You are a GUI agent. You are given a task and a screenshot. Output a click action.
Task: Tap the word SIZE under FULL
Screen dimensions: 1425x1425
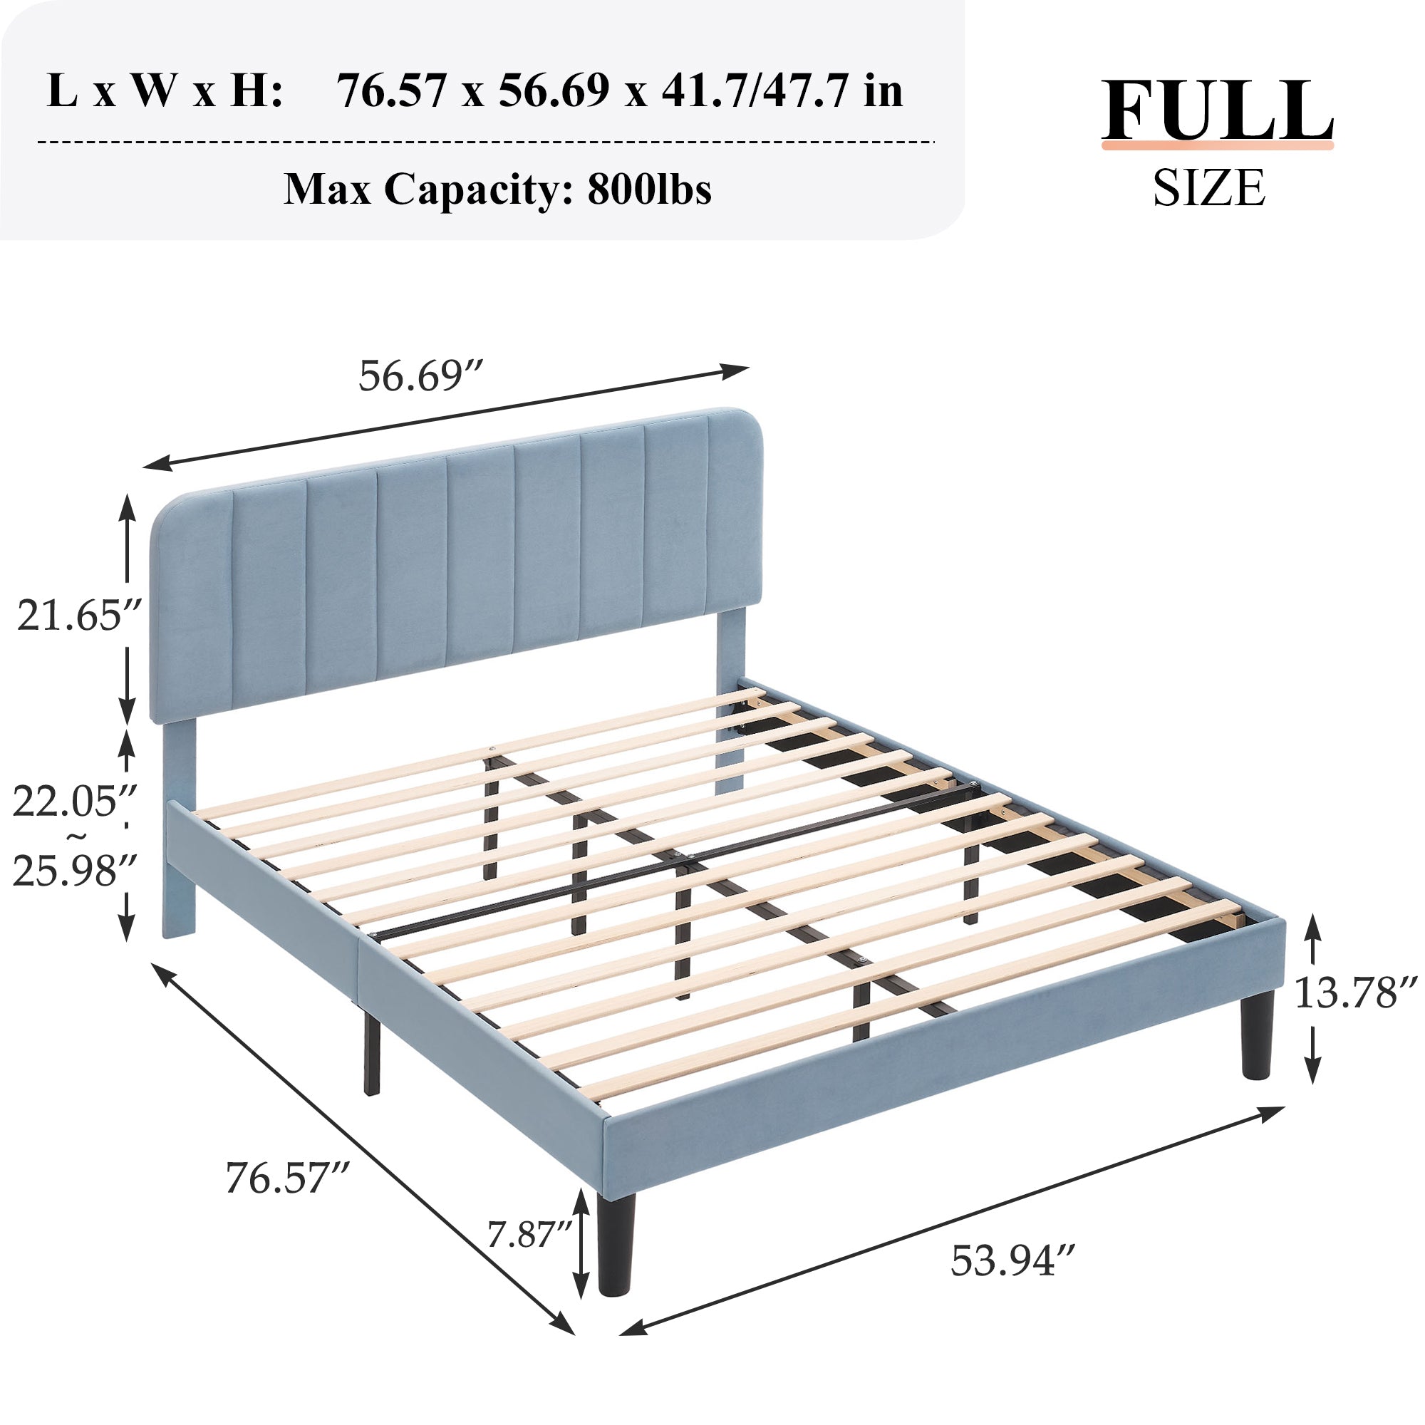click(1210, 188)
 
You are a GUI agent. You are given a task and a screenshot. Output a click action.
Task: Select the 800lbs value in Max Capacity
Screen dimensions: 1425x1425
click(649, 190)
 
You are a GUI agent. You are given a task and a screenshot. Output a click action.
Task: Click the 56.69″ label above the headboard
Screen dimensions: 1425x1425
click(420, 376)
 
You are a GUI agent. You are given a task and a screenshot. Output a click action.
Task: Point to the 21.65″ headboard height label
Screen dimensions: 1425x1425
click(78, 615)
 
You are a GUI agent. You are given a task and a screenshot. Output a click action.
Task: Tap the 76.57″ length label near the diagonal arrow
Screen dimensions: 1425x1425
click(287, 1178)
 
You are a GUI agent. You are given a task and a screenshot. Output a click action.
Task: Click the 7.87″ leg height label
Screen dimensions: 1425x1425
click(529, 1234)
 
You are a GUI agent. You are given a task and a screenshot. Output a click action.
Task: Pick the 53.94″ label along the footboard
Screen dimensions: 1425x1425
click(1012, 1260)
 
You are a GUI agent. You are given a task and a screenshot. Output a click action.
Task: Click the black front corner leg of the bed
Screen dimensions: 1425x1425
click(616, 1246)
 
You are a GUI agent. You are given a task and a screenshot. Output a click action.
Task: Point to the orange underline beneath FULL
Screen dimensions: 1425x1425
click(1217, 146)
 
